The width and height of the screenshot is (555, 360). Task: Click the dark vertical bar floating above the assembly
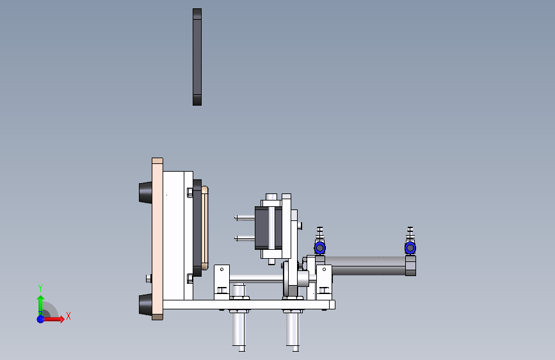pos(197,57)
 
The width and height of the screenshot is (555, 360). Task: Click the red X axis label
pos(68,316)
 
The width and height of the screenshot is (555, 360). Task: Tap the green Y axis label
pos(40,288)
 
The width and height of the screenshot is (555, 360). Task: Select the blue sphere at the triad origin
pos(41,319)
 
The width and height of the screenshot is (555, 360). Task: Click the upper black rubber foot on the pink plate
pos(145,192)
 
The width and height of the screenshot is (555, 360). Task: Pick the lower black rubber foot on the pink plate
pos(145,304)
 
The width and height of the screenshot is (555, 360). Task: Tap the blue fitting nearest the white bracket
pos(319,248)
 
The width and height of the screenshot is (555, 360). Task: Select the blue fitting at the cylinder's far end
pos(410,248)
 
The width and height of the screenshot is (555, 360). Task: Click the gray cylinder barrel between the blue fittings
pos(366,265)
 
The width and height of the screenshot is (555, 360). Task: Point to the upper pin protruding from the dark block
pos(245,218)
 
